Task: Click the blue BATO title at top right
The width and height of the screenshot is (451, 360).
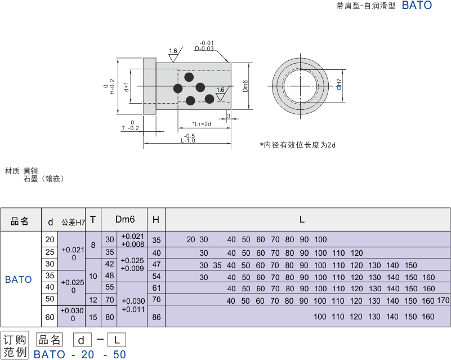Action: point(417,6)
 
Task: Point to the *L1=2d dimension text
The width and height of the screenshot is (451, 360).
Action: point(201,123)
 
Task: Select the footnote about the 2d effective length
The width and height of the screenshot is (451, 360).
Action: point(297,145)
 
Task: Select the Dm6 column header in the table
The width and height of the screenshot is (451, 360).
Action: point(125,220)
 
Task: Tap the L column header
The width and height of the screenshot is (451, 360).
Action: point(302,220)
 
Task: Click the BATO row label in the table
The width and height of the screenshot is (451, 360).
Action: point(19,279)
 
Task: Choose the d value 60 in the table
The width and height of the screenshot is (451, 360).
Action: point(50,317)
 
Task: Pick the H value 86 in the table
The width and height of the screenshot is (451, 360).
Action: point(157,317)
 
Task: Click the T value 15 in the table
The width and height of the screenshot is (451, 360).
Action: point(93,317)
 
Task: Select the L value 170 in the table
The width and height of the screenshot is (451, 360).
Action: point(443,301)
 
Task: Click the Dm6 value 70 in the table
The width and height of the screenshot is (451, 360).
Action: point(110,300)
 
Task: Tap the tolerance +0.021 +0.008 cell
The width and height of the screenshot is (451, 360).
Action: point(132,240)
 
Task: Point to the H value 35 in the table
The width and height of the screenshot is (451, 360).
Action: point(157,240)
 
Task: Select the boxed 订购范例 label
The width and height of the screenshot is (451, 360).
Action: point(15,345)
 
